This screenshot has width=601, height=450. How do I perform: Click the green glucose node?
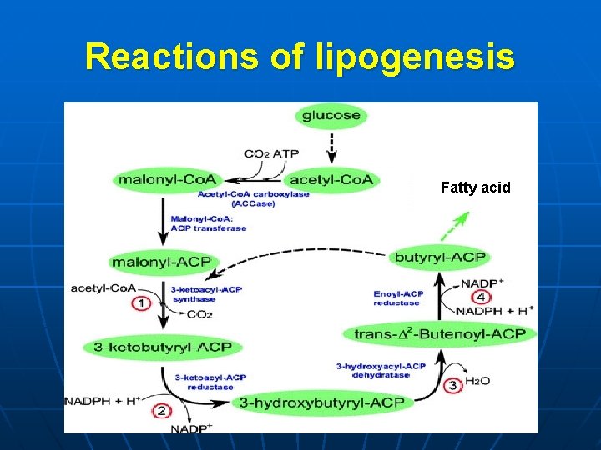coord(331,116)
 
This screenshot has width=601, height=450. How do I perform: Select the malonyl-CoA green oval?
coord(168,179)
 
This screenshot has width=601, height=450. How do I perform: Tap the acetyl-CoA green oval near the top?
coord(331,179)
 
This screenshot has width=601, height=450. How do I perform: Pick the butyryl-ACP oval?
coord(440,257)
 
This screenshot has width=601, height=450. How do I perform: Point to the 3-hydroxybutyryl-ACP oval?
coord(321,402)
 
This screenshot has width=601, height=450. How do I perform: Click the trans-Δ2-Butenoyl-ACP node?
coord(440,333)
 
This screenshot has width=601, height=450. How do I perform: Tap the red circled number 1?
coord(142,303)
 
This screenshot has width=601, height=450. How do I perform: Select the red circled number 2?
coord(162,411)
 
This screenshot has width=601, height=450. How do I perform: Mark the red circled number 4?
coord(481,297)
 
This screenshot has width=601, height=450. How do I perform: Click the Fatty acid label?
coord(475,188)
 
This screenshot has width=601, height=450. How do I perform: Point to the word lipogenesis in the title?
coord(417,57)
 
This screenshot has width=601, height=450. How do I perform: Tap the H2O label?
coord(477,380)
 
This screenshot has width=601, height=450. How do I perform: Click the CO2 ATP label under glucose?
coord(271,154)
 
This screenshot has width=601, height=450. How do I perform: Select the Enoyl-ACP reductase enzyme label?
coord(397,298)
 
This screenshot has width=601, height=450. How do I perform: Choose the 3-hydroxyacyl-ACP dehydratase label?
coord(381,370)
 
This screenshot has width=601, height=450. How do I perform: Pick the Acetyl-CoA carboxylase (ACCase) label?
coord(253,198)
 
